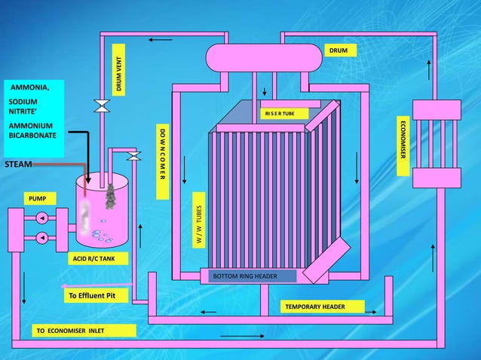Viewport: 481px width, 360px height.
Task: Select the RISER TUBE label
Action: (x=284, y=114)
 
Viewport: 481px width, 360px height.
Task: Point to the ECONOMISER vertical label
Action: (x=403, y=147)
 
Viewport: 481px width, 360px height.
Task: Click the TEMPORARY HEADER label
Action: (x=323, y=307)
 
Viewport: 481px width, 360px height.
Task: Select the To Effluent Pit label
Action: (x=95, y=295)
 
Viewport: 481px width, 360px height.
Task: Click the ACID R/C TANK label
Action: (x=99, y=258)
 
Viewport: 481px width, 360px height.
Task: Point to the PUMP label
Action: (x=37, y=198)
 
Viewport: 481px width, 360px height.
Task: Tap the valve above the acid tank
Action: (x=134, y=155)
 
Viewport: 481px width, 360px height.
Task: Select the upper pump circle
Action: (x=42, y=218)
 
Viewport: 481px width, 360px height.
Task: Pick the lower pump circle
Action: (x=42, y=238)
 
